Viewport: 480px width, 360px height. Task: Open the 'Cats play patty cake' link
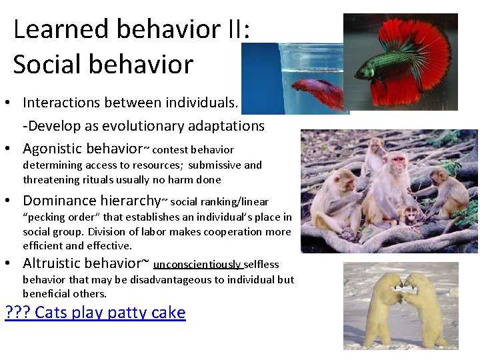point(109,312)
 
